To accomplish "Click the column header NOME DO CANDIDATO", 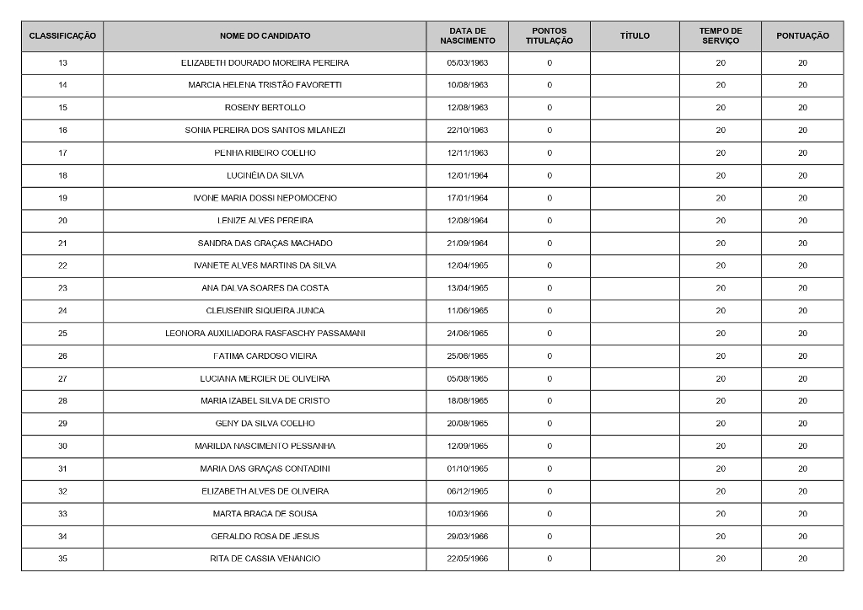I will click(x=265, y=36).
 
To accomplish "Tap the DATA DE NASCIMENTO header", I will click(x=467, y=36).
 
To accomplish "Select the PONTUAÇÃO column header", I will click(x=801, y=36).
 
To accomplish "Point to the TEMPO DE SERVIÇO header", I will click(x=720, y=36).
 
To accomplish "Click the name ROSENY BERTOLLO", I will click(x=265, y=108).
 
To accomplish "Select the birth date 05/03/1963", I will click(x=467, y=63).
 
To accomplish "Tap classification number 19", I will click(x=62, y=198).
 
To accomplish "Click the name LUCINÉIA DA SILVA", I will click(x=265, y=175).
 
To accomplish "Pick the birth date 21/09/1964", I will click(x=467, y=243).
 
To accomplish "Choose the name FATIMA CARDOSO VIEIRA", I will click(x=265, y=356).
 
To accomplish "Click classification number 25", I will click(x=62, y=334).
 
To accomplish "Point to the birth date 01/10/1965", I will click(x=467, y=468).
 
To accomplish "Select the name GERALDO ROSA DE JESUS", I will click(x=265, y=537).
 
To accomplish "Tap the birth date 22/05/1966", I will click(x=467, y=559).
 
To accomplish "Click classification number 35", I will click(x=62, y=559).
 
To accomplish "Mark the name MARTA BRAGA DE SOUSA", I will click(x=265, y=514).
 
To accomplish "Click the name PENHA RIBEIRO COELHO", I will click(x=265, y=153).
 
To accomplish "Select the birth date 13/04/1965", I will click(x=467, y=288).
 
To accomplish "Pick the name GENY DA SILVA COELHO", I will click(x=265, y=424).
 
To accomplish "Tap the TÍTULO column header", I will click(x=635, y=36).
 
